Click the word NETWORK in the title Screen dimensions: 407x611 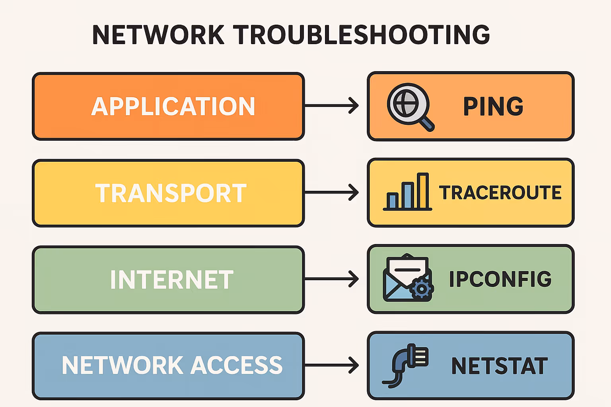pyautogui.click(x=158, y=35)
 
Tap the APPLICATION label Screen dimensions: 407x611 pyautogui.click(x=173, y=107)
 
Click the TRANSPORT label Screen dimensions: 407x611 pyautogui.click(x=171, y=193)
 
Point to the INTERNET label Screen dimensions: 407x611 pyautogui.click(x=172, y=280)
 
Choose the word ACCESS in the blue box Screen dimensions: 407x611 pyautogui.click(x=237, y=365)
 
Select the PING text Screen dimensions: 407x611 pyautogui.click(x=493, y=107)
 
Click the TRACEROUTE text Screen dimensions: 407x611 pyautogui.click(x=500, y=193)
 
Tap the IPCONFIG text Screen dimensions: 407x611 pyautogui.click(x=500, y=279)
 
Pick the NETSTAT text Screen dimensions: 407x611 pyautogui.click(x=500, y=366)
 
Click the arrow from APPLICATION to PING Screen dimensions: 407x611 pyautogui.click(x=331, y=106)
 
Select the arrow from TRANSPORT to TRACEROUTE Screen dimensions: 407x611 pyautogui.click(x=331, y=192)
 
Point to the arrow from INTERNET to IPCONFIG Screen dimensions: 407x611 pyautogui.click(x=331, y=279)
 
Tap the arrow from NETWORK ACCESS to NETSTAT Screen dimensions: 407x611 pyautogui.click(x=331, y=365)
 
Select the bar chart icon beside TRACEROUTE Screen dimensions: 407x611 pyautogui.click(x=407, y=192)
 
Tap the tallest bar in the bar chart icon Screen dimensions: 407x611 pyautogui.click(x=422, y=191)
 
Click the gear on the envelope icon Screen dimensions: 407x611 pyautogui.click(x=422, y=289)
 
